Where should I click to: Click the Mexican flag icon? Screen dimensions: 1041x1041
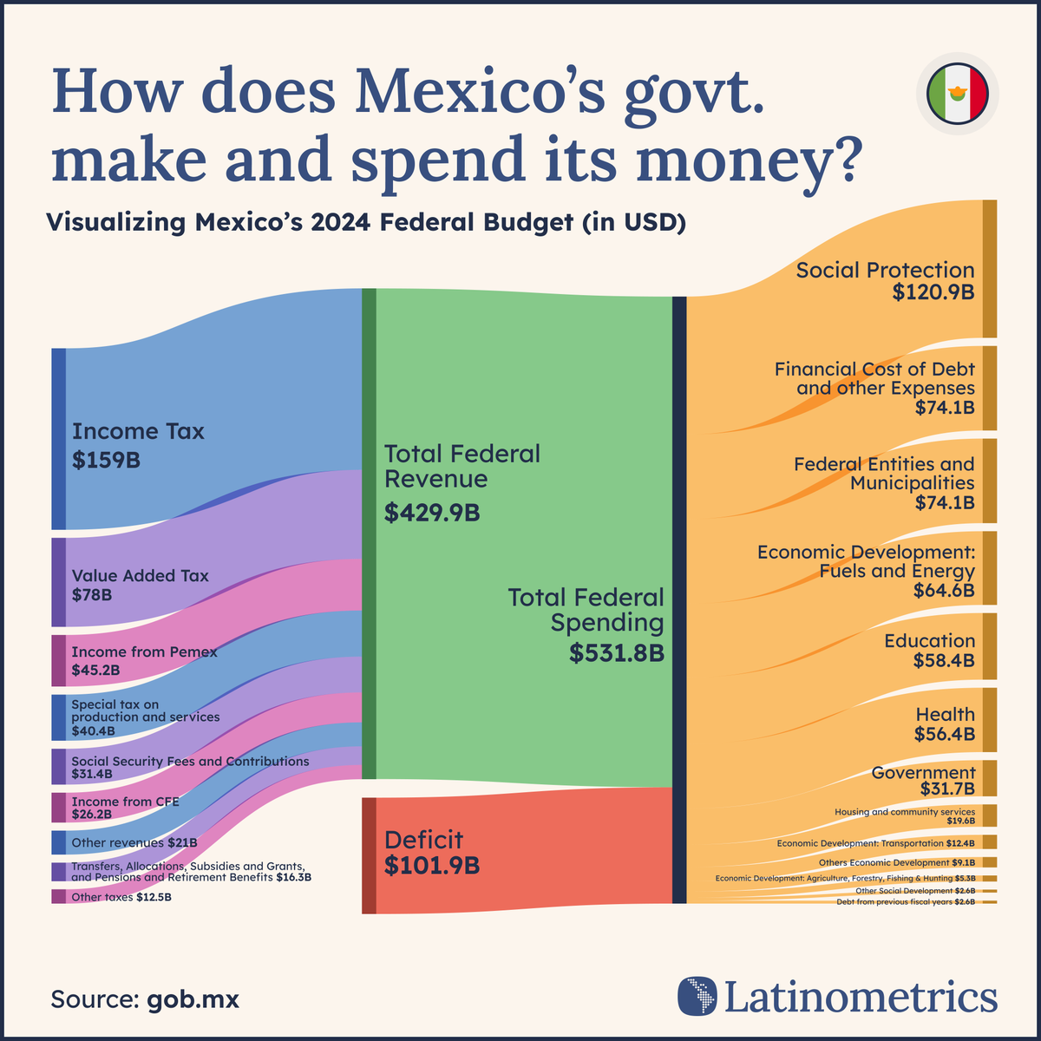tap(957, 94)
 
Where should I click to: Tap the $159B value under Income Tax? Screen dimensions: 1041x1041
tap(106, 461)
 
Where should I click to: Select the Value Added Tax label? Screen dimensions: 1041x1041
tap(140, 576)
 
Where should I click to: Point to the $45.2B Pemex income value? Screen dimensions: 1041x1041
tap(95, 671)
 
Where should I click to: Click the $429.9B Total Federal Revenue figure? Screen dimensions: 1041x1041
tap(432, 513)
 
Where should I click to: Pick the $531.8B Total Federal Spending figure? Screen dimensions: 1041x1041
tap(617, 653)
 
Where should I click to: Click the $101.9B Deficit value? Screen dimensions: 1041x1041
tap(432, 866)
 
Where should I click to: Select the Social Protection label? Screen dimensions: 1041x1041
tap(885, 270)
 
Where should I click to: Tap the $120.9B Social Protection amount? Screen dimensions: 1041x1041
tap(933, 292)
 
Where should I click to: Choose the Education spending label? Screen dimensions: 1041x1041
tap(929, 641)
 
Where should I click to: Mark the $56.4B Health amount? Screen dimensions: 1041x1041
tap(944, 735)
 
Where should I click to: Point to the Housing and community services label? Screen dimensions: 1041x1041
tap(904, 812)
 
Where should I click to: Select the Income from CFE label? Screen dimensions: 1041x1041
tap(125, 802)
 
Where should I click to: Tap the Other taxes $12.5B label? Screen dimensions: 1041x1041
tap(121, 897)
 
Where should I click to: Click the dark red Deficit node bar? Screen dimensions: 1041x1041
tap(370, 855)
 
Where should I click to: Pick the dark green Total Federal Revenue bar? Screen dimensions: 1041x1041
tap(369, 534)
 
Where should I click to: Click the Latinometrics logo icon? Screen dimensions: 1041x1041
tap(697, 996)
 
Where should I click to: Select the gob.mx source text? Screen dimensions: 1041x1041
tap(193, 998)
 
